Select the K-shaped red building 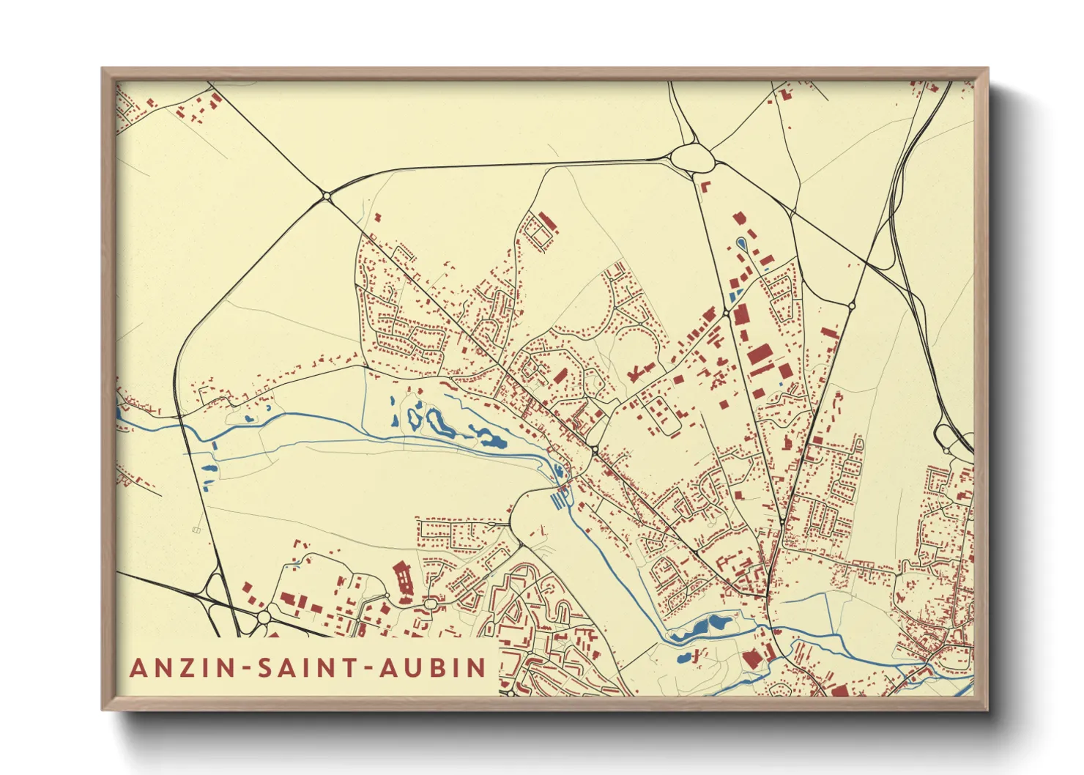[634, 374]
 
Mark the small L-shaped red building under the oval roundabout [706, 185]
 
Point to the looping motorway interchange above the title [220, 590]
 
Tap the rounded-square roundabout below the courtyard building [431, 604]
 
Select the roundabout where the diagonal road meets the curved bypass [327, 196]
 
